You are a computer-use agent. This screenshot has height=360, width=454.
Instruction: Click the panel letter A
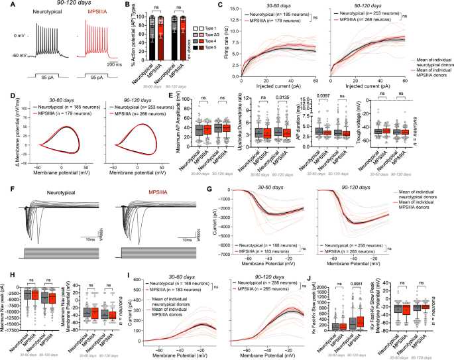coord(5,6)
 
